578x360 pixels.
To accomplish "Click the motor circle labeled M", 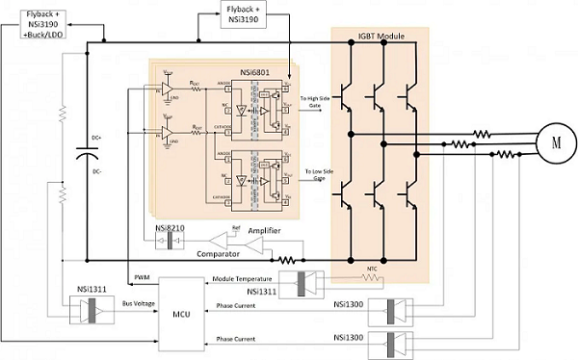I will coord(554,141).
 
